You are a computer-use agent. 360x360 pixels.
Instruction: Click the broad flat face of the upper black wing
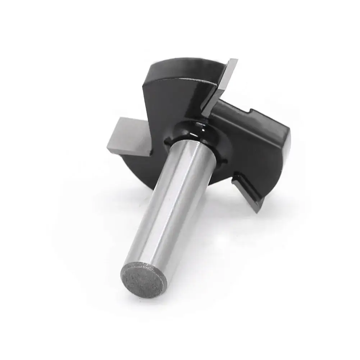(x=173, y=94)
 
